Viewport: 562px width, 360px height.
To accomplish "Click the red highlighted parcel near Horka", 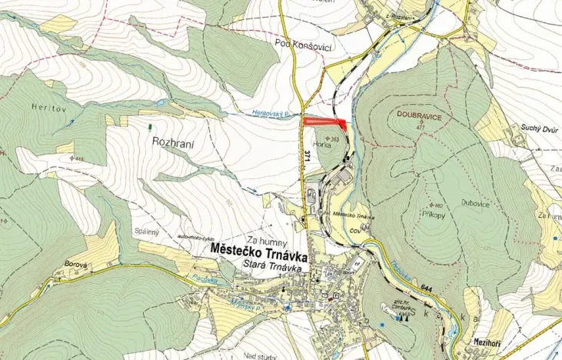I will coord(324,121).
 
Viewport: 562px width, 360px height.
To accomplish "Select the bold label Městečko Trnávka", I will coord(258,251).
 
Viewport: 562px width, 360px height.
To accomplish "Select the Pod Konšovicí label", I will coord(303,46).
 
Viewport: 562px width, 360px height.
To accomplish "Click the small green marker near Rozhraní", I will coord(150,124).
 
